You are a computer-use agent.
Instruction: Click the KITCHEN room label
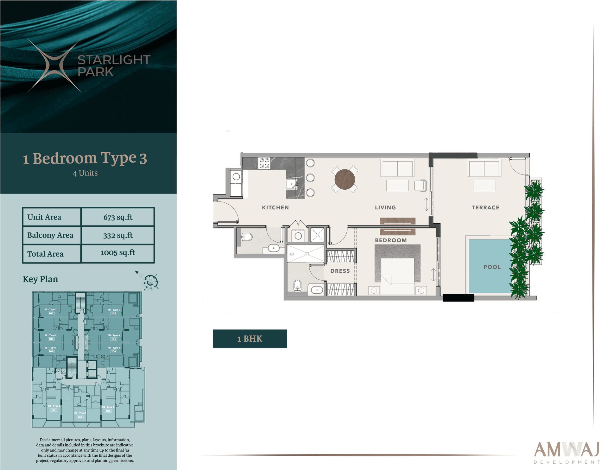coord(275,207)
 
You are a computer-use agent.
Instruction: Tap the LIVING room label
coord(385,207)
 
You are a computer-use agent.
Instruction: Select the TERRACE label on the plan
coord(485,207)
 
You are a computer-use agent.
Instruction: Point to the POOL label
coord(492,267)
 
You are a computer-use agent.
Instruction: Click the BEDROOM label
coord(390,240)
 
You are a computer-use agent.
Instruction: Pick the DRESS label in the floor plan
coord(340,271)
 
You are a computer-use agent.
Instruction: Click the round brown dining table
coord(345,179)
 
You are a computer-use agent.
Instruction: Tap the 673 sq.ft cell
coord(118,217)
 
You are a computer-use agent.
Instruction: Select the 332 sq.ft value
coord(118,235)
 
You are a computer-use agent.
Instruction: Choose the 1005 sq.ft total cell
coord(118,253)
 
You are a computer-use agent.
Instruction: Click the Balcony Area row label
coord(50,235)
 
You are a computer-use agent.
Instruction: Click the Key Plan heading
coord(41,279)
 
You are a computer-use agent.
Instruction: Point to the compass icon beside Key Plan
coord(150,281)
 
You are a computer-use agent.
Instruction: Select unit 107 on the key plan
coord(51,313)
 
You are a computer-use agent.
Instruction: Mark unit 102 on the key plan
coord(80,417)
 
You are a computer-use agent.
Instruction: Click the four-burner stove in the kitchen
coord(264,163)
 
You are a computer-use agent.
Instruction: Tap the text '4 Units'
coord(85,173)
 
